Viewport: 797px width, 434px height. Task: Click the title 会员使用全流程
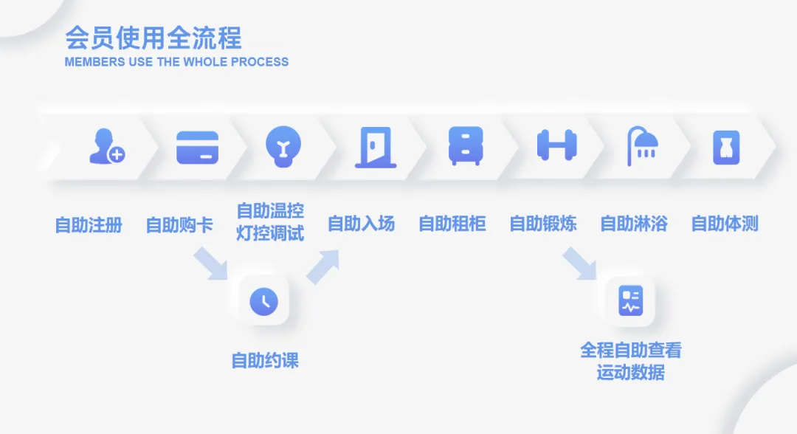coord(153,38)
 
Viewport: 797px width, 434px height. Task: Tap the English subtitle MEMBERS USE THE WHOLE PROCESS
coord(176,62)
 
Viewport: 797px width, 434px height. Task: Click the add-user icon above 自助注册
coord(106,146)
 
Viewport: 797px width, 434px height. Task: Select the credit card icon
coord(197,147)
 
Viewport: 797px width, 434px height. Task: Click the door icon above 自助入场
coord(375,147)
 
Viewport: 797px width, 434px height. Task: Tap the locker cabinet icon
coord(466,145)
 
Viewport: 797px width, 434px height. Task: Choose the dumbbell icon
coord(556,145)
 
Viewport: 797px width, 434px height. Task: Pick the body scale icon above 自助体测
coord(726,146)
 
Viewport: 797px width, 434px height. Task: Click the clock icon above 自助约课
coord(263,301)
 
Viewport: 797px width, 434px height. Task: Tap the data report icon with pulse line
coord(630,300)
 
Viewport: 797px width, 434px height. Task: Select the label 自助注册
coord(89,224)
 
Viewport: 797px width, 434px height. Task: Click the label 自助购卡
coord(179,224)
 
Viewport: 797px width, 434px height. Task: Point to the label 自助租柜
coord(452,224)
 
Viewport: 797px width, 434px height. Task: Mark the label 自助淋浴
coord(634,224)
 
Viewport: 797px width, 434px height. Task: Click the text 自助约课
coord(265,361)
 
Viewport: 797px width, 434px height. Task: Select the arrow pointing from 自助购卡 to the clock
coord(212,264)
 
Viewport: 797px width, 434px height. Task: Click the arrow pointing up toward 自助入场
coord(322,266)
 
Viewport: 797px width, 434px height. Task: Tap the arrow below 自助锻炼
coord(579,264)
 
